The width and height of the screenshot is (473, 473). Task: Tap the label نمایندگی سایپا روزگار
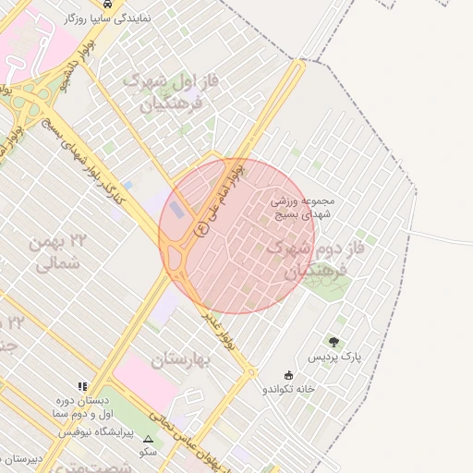point(109,18)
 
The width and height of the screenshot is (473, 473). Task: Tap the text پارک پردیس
point(334,357)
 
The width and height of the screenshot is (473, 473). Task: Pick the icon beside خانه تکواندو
point(288,375)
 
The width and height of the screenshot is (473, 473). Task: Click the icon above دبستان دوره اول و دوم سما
point(83,387)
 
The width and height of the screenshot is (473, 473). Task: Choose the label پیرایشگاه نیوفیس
point(96,431)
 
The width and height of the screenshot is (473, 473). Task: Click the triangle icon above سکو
point(148,439)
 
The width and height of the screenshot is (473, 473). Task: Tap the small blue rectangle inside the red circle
point(176,210)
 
